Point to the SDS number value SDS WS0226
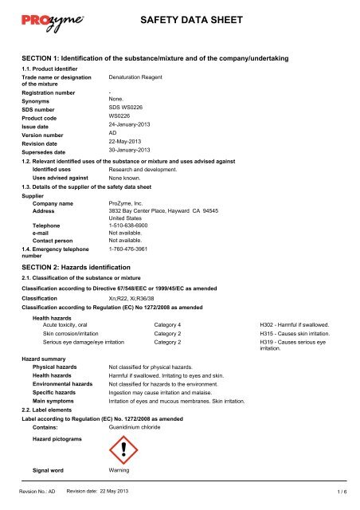(x=128, y=106)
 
